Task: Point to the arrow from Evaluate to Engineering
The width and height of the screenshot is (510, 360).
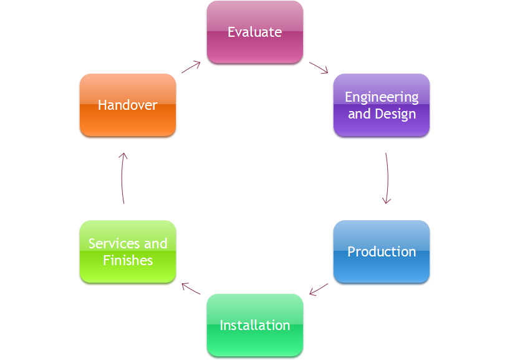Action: tap(319, 67)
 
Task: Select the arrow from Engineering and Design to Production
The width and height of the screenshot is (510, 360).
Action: tap(387, 178)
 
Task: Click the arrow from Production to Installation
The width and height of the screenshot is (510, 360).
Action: tap(319, 289)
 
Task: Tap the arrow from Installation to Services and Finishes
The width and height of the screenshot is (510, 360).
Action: tap(191, 288)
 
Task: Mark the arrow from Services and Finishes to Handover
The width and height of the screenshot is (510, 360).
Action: tap(122, 178)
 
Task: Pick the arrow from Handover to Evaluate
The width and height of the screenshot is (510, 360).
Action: tap(191, 67)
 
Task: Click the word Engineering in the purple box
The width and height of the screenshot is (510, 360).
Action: tap(382, 97)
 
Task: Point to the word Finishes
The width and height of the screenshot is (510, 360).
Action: tap(128, 260)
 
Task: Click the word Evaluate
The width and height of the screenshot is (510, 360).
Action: tap(254, 32)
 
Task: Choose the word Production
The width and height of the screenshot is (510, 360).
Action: tap(382, 251)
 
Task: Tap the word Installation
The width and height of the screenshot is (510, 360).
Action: tap(254, 325)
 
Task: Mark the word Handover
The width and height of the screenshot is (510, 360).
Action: tap(128, 105)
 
